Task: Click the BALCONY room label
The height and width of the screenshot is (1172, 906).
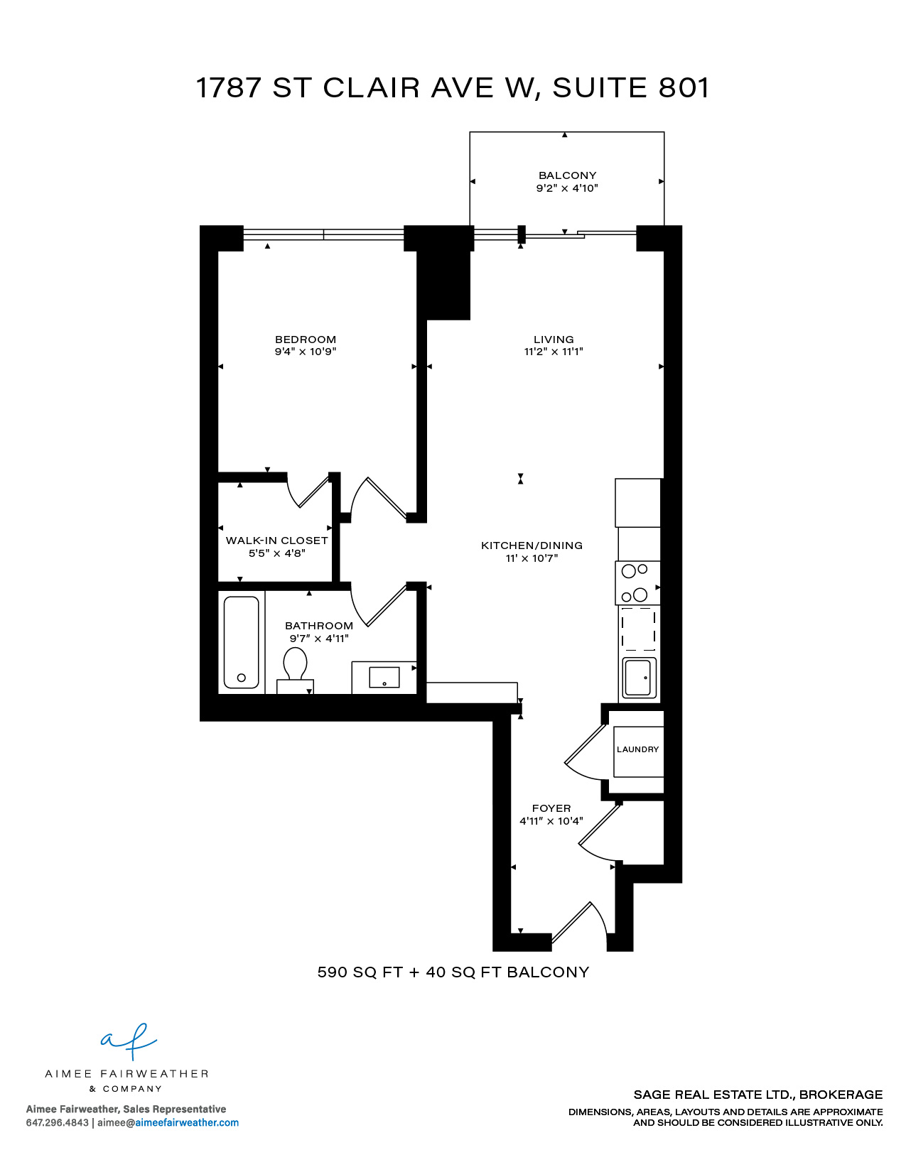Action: click(567, 175)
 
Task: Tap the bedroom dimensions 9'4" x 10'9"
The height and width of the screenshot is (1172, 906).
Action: click(306, 352)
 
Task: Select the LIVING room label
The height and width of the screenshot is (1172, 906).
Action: click(554, 340)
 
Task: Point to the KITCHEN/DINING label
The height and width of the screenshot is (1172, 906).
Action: click(532, 546)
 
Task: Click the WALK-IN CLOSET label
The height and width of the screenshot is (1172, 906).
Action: click(277, 541)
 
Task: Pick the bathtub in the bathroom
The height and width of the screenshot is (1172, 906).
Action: click(241, 642)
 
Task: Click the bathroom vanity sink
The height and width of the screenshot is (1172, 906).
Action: click(384, 678)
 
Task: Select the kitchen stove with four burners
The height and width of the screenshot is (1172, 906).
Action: click(637, 583)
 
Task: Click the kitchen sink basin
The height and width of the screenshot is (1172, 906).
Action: click(640, 678)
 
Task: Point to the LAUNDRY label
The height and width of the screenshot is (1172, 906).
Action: click(638, 749)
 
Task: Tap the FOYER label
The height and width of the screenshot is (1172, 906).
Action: click(551, 808)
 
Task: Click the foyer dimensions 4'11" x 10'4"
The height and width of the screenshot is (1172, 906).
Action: click(551, 821)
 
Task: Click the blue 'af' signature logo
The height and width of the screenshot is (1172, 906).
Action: click(129, 1041)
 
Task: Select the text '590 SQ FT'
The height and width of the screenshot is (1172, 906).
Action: click(360, 972)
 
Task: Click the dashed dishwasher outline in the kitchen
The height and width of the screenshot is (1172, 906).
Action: click(638, 629)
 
